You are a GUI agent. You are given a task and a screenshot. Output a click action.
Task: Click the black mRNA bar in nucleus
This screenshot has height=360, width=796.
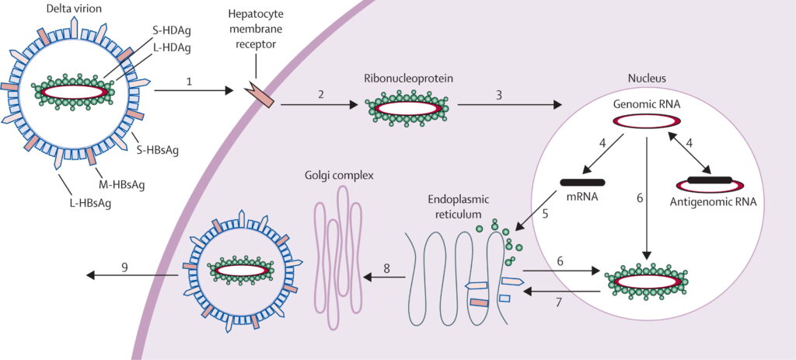583,183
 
